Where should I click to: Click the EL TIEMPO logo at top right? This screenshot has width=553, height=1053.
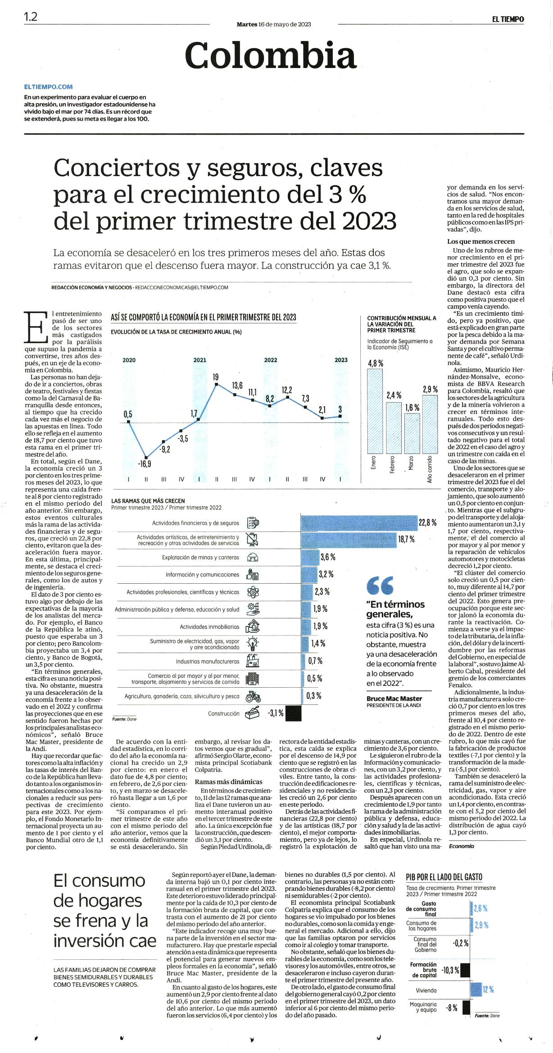click(x=508, y=19)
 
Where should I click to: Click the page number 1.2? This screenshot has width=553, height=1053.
click(x=31, y=17)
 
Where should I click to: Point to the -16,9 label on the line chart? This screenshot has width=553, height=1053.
click(x=145, y=464)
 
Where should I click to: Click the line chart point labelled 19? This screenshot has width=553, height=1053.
click(x=217, y=384)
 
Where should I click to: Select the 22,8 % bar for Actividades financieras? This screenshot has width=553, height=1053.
click(x=359, y=522)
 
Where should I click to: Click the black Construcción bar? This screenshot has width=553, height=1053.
click(x=294, y=713)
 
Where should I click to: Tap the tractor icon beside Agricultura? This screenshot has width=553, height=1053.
click(x=253, y=696)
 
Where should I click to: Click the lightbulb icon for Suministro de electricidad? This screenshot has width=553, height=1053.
click(x=253, y=644)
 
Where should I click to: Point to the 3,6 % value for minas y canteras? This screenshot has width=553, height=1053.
click(x=328, y=557)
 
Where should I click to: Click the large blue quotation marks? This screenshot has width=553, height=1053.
click(x=380, y=585)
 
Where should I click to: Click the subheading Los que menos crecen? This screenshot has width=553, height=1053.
click(x=481, y=241)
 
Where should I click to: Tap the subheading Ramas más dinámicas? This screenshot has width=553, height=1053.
click(x=228, y=781)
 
